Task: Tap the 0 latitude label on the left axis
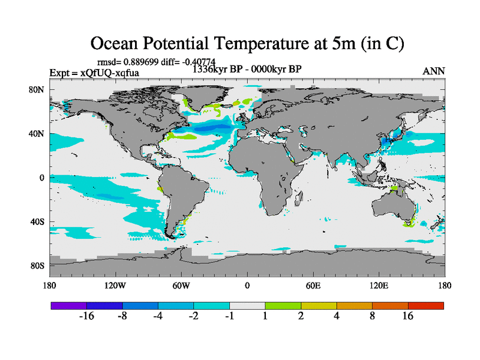pos(43,178)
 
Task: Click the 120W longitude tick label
pos(115,286)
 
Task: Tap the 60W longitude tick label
pos(181,286)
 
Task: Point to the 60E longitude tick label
pos(313,286)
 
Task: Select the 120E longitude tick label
pos(379,286)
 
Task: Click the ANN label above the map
pos(433,71)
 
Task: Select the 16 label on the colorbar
pos(408,316)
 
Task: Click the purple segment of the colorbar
pos(68,305)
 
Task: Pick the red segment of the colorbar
pos(426,305)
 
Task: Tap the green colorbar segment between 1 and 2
pos(283,305)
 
